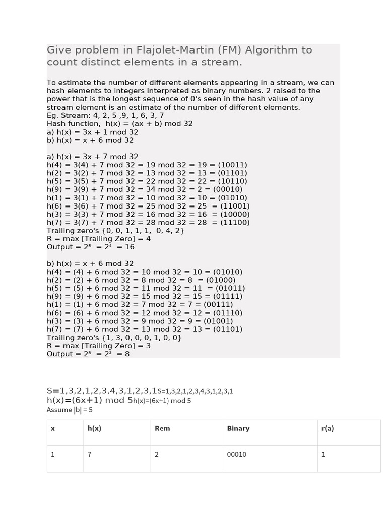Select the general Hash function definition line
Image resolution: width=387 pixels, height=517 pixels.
click(120, 123)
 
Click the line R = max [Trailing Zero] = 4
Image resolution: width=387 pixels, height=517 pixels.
click(99, 239)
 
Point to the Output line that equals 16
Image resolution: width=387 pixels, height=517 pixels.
click(91, 247)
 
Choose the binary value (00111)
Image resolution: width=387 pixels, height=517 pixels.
click(214, 304)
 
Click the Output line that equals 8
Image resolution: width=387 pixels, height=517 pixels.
click(88, 354)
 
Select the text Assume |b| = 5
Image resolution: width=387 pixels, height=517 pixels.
click(70, 410)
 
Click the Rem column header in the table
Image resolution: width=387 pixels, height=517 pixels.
click(162, 428)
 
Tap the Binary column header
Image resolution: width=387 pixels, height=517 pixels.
click(238, 428)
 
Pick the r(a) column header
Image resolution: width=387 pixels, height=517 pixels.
click(328, 428)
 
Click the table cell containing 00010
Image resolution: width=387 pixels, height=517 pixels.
click(237, 454)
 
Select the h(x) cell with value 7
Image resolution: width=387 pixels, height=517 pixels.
click(90, 454)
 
